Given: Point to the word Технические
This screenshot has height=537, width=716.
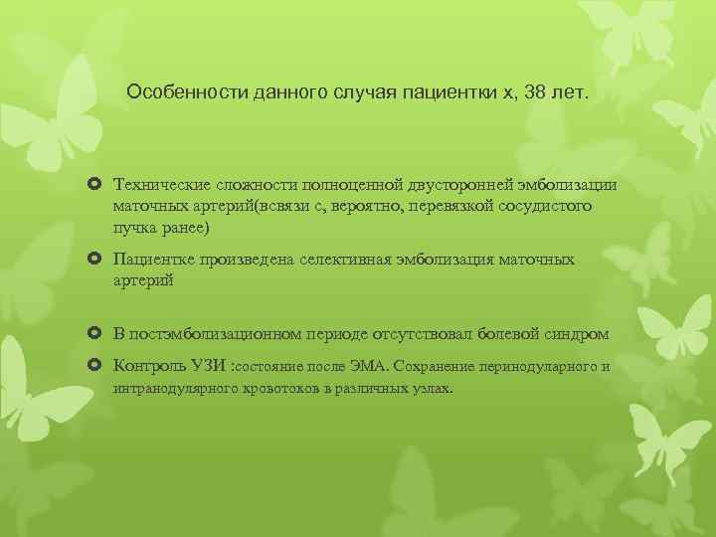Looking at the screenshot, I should [x=162, y=185].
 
